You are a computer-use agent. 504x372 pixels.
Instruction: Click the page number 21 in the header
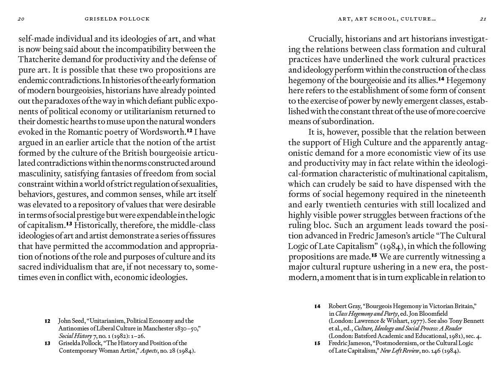click(483, 19)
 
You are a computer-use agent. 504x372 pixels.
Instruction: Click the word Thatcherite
click(40, 59)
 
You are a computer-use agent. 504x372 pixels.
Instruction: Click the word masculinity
click(40, 173)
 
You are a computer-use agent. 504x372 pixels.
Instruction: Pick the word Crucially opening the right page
click(326, 39)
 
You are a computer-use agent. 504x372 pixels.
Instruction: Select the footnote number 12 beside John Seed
click(47, 321)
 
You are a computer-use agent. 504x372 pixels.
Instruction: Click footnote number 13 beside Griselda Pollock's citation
click(47, 343)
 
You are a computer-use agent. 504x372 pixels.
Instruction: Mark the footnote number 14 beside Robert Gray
click(318, 307)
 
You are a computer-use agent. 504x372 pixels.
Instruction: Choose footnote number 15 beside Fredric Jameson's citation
click(318, 343)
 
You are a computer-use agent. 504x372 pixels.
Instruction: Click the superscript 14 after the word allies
click(441, 79)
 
